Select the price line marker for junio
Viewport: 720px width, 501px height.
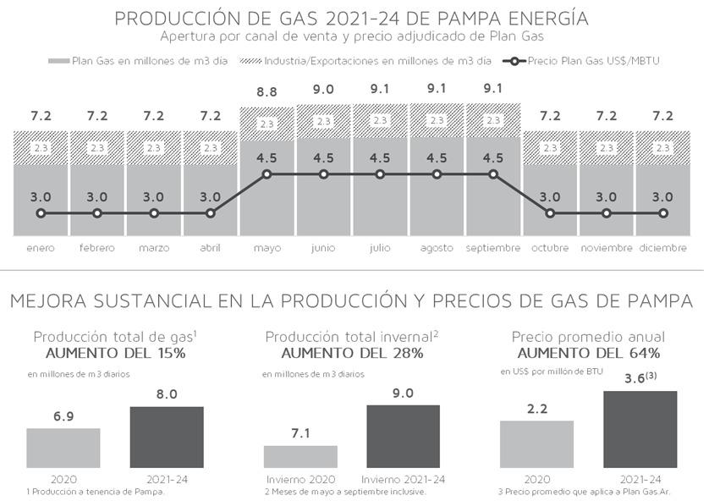[x=323, y=174]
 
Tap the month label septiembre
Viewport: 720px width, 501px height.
[x=493, y=248]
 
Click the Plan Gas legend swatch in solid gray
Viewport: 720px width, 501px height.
[x=59, y=61]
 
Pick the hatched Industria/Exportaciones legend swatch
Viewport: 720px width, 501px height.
[x=252, y=61]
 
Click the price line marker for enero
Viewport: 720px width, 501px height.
[x=41, y=213]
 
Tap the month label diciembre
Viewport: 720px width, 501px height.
[x=662, y=248]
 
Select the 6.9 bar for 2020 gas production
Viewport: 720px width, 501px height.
[x=63, y=448]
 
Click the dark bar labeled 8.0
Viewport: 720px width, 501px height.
[x=166, y=437]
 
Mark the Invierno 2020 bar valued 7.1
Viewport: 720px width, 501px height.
[x=300, y=456]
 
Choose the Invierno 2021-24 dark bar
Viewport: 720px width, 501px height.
[x=403, y=436]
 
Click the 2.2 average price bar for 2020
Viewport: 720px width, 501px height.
[x=536, y=443]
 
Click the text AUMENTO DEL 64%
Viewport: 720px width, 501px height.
[x=589, y=353]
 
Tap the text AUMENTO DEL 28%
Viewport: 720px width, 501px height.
[x=352, y=353]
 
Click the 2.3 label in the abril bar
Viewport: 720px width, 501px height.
[x=210, y=148]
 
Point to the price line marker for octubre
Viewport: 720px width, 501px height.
[x=550, y=213]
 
